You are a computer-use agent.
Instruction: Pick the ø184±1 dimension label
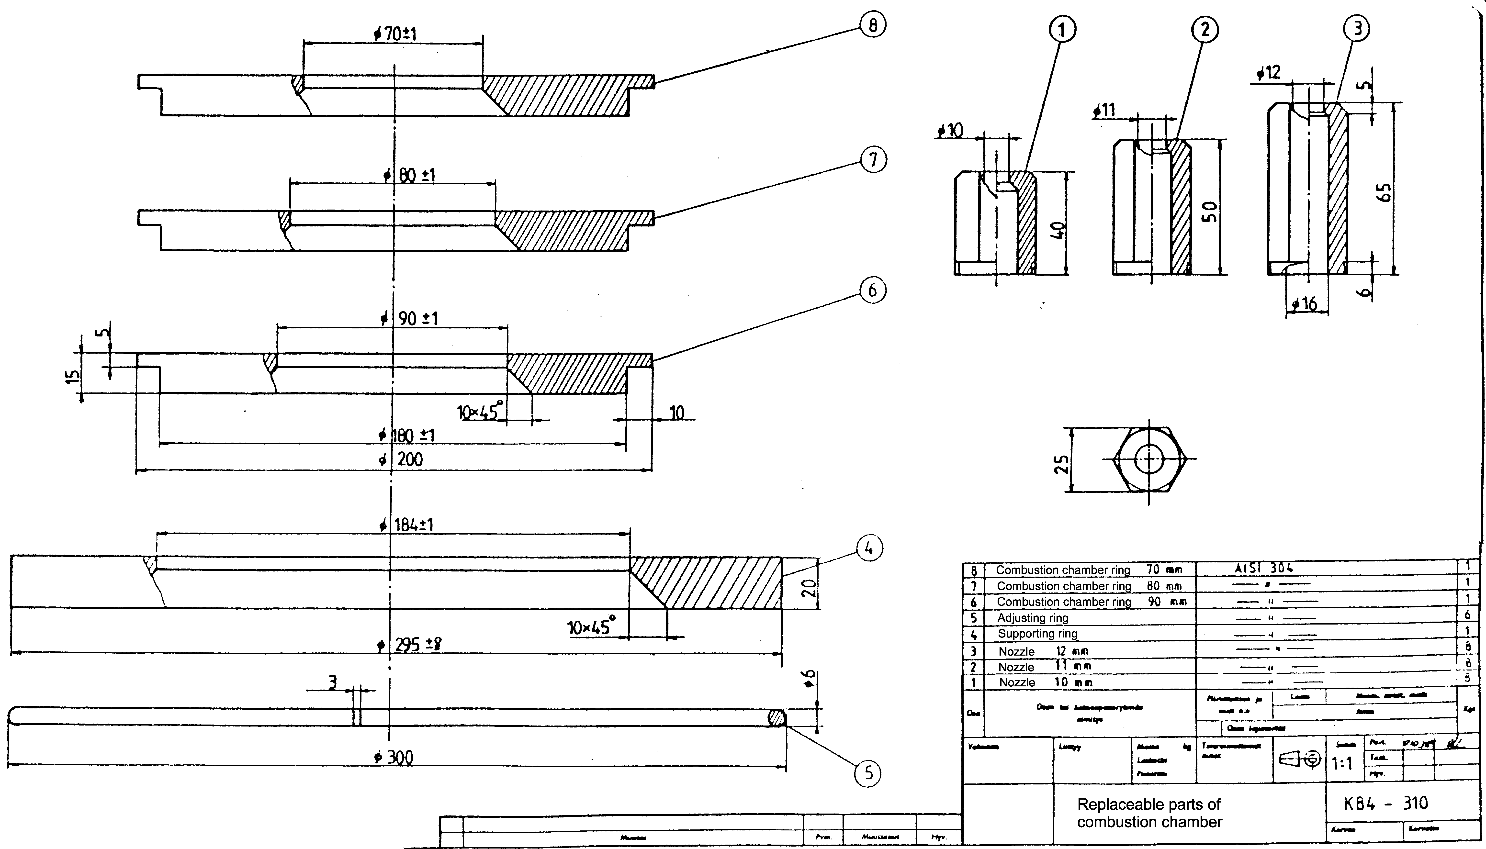tap(406, 525)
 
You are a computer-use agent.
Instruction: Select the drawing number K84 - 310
tap(1386, 804)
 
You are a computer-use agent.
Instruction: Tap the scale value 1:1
tap(1342, 763)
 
